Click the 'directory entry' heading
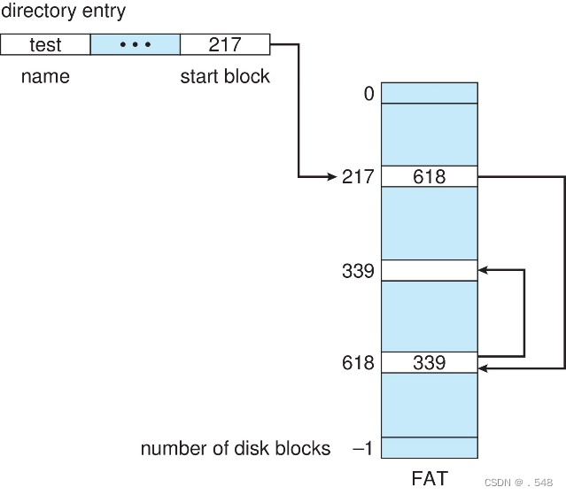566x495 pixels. [x=63, y=12]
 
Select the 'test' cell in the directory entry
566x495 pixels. [x=45, y=44]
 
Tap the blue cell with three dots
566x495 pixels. [x=136, y=44]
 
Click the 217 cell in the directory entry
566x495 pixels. [x=225, y=44]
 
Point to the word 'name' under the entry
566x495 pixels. [x=45, y=76]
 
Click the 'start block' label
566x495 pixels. [x=225, y=76]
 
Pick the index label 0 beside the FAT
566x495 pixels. [x=368, y=93]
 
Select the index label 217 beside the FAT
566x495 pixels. [x=359, y=177]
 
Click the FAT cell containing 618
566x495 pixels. [x=430, y=177]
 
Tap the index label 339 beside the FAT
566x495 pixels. [x=359, y=271]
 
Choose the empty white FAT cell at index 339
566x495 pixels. [x=430, y=270]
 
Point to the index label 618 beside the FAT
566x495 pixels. [x=359, y=363]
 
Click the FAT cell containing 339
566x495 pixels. [x=430, y=363]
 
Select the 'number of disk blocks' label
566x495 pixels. [x=235, y=448]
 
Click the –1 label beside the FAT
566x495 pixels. [x=363, y=448]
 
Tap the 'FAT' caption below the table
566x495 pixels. [x=430, y=478]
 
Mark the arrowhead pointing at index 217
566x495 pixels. [x=330, y=177]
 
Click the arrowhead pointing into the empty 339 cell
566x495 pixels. [x=484, y=270]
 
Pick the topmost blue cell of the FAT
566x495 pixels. [x=430, y=92]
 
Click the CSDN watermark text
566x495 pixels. [x=519, y=483]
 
